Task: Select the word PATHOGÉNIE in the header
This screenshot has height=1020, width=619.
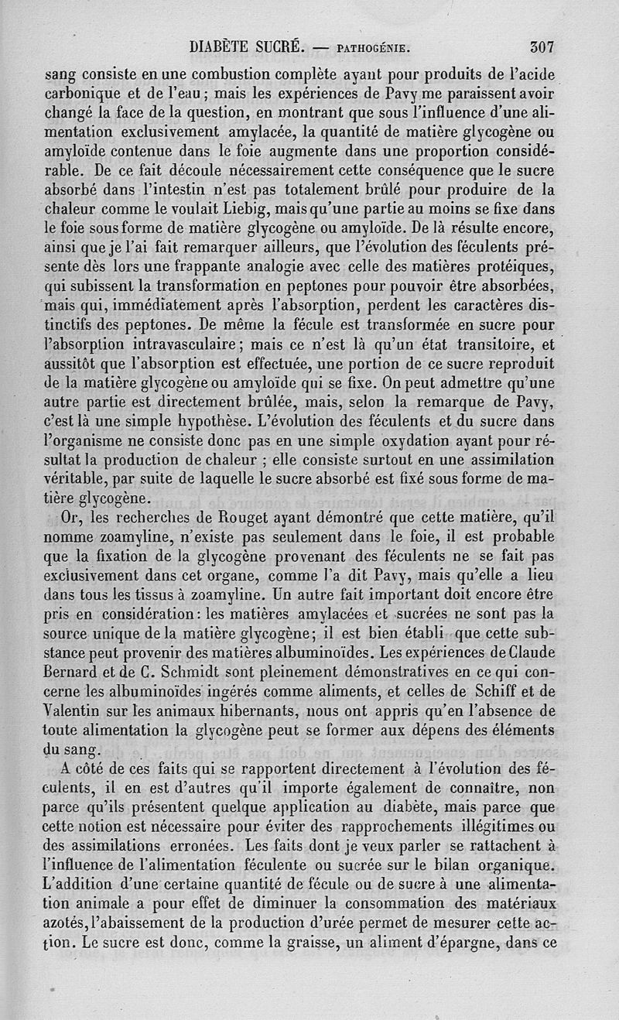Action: (374, 48)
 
